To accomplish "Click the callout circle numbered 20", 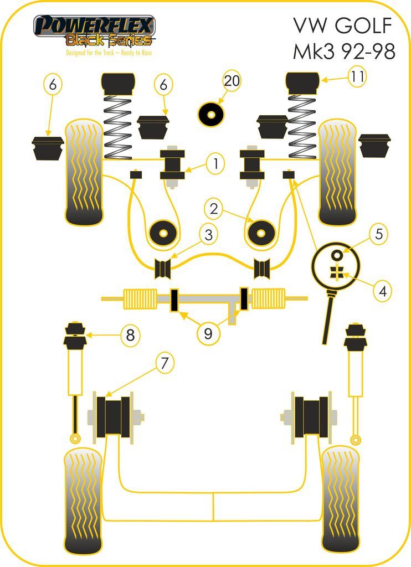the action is (x=232, y=81).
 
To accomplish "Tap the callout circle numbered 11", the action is (x=357, y=76).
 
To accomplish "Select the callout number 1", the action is (x=215, y=163).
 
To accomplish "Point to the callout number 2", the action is (x=213, y=208).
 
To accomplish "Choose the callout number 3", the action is (x=208, y=235).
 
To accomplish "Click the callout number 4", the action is (x=382, y=290).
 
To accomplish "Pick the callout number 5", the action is (x=379, y=234).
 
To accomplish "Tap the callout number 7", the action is (x=165, y=363).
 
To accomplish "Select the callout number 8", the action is (x=130, y=335).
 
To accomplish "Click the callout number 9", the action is (x=208, y=333).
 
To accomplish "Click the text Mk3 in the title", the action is (x=314, y=51).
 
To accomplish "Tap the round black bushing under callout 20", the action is (x=211, y=114).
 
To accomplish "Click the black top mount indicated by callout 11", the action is (x=303, y=83).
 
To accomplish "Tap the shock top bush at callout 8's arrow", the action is (x=75, y=336).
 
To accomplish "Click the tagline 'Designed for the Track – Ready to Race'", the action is (x=109, y=53).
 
